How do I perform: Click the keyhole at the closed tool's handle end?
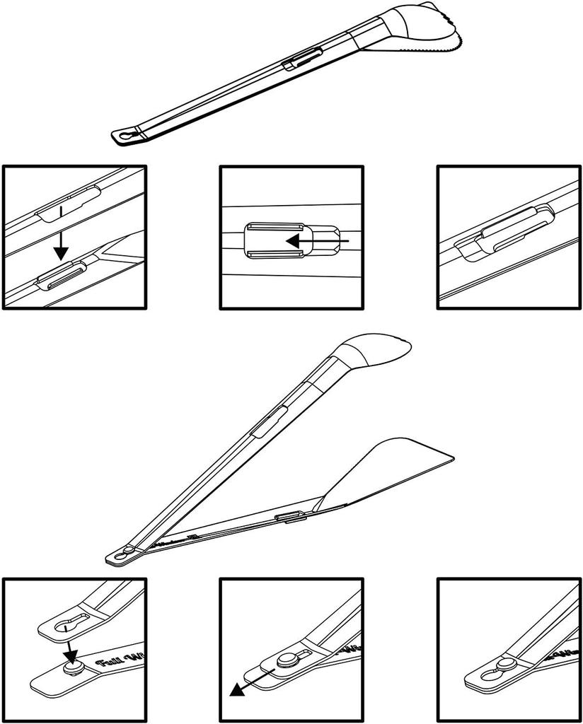pos(127,134)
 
